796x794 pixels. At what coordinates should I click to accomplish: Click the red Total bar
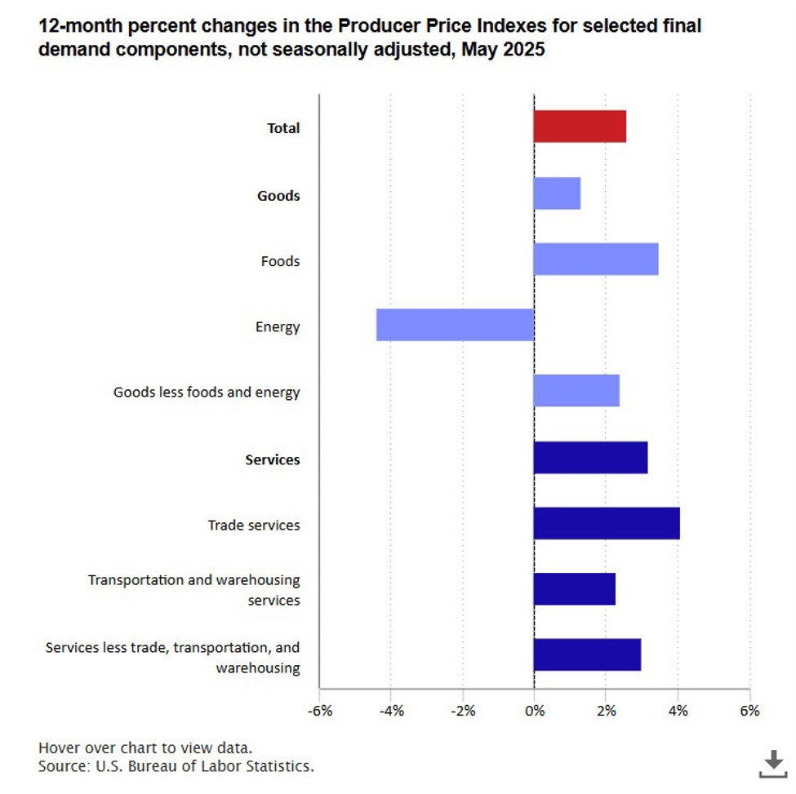click(x=580, y=126)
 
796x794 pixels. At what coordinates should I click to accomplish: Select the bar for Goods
click(x=557, y=193)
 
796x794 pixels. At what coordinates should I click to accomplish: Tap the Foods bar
click(x=595, y=259)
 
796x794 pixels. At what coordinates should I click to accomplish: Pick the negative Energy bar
click(x=455, y=325)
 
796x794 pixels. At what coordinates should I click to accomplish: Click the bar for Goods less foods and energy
click(x=576, y=390)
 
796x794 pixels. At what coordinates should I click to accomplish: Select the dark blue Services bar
click(x=590, y=458)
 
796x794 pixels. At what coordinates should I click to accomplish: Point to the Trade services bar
click(x=607, y=523)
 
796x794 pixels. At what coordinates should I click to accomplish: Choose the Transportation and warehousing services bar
click(x=574, y=588)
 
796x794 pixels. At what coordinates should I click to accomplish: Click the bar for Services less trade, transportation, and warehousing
click(x=587, y=654)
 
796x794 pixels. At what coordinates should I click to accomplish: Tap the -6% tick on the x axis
click(x=319, y=711)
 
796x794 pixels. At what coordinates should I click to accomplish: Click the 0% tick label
click(x=534, y=711)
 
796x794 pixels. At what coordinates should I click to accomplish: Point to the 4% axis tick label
click(x=678, y=711)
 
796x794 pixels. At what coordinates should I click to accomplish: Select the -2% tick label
click(x=462, y=711)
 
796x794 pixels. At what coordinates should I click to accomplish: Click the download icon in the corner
click(x=772, y=764)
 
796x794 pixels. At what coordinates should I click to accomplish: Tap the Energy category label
click(x=278, y=327)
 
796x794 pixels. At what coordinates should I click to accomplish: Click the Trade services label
click(x=254, y=525)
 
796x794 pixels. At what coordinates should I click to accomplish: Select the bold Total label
click(x=283, y=128)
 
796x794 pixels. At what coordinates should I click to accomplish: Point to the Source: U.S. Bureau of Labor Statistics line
click(x=176, y=766)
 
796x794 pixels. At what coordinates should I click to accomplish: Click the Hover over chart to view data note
click(x=145, y=748)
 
